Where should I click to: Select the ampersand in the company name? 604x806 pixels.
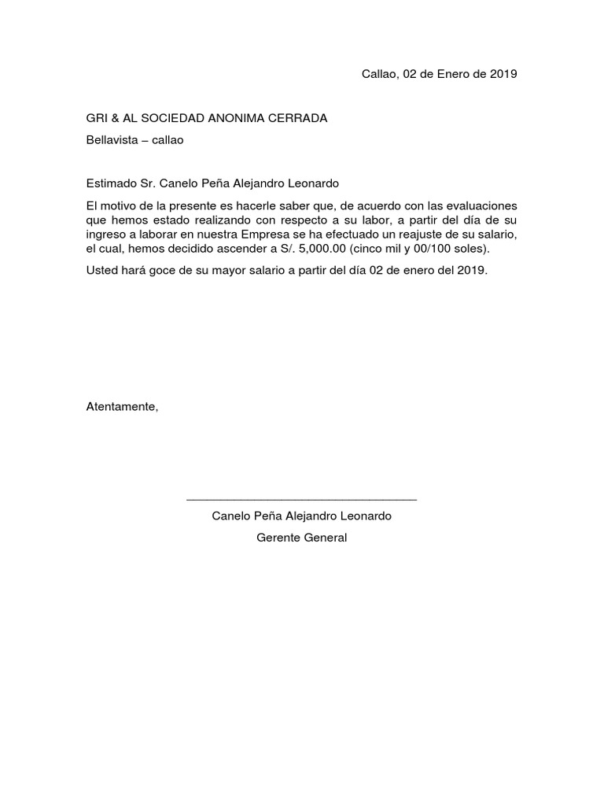(116, 118)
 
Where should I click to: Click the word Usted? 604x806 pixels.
(102, 270)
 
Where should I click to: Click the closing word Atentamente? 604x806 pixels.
(122, 407)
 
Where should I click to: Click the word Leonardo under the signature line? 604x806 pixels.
(364, 516)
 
